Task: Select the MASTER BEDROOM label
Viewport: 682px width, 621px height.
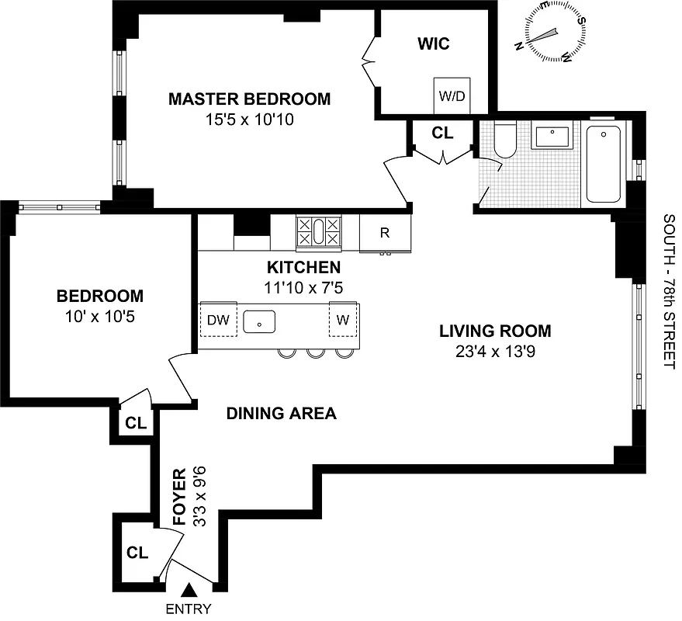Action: click(x=249, y=99)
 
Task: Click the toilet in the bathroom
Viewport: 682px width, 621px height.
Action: click(x=504, y=141)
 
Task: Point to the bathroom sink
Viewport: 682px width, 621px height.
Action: click(x=552, y=137)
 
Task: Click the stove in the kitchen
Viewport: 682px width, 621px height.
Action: click(x=318, y=232)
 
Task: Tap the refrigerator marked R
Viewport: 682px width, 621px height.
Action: click(x=384, y=233)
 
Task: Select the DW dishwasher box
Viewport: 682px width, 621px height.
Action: click(x=216, y=319)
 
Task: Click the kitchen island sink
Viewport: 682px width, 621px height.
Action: click(x=261, y=320)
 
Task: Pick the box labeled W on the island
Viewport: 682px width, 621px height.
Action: click(x=343, y=319)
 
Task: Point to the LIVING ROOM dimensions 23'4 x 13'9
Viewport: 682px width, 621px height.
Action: click(x=495, y=350)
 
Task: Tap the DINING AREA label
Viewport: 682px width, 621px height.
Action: click(x=281, y=414)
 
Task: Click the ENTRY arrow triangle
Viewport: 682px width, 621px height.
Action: click(x=188, y=593)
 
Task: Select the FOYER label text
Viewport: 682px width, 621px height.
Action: click(x=179, y=497)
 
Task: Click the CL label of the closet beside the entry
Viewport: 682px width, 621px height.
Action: click(x=137, y=553)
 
